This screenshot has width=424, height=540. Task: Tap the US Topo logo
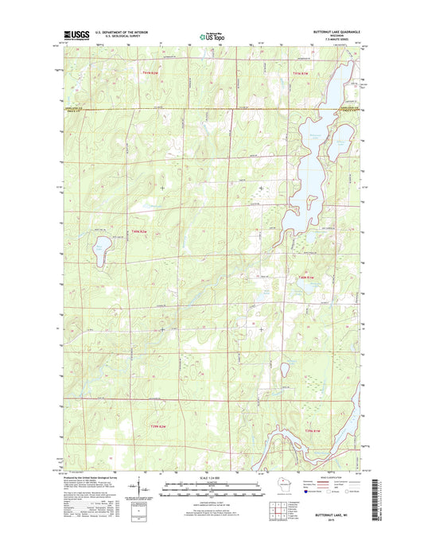pyautogui.click(x=211, y=35)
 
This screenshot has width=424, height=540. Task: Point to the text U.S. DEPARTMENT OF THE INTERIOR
pyautogui.click(x=124, y=32)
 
